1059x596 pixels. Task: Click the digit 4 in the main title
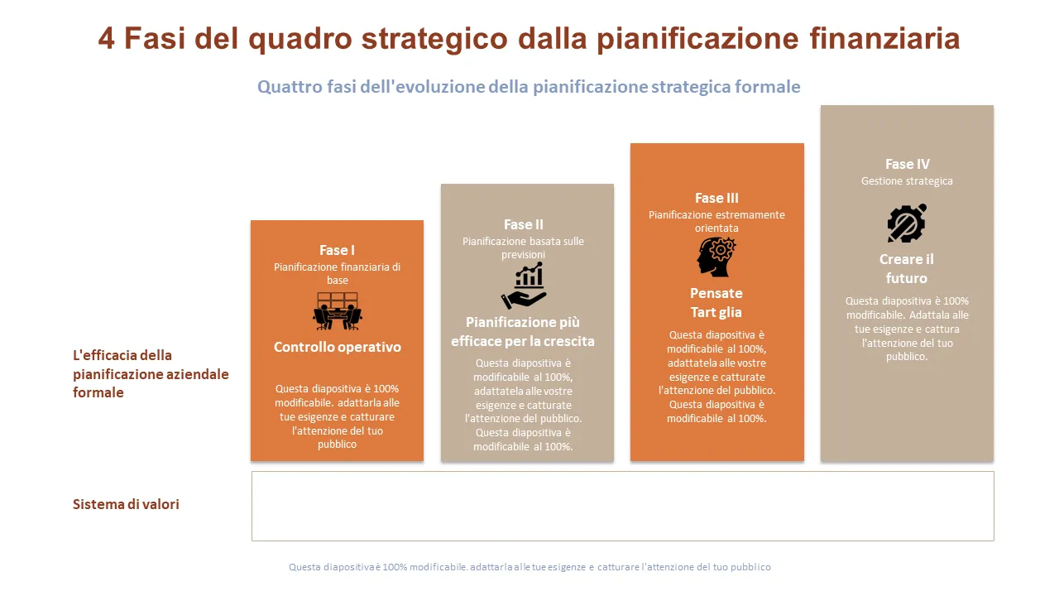pyautogui.click(x=107, y=38)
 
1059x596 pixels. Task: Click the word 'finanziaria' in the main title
pyautogui.click(x=884, y=38)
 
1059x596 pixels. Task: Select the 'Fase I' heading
pyautogui.click(x=337, y=250)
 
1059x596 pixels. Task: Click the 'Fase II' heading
pyautogui.click(x=524, y=224)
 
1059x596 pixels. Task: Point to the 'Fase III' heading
pyautogui.click(x=716, y=198)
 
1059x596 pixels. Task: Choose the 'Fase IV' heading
pyautogui.click(x=908, y=164)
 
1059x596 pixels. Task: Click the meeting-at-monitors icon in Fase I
pyautogui.click(x=337, y=310)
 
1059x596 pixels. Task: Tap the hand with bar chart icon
pyautogui.click(x=524, y=286)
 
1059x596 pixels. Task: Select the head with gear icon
pyautogui.click(x=716, y=257)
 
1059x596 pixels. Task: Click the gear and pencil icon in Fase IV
pyautogui.click(x=907, y=223)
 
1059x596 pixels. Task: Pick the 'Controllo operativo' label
pyautogui.click(x=337, y=347)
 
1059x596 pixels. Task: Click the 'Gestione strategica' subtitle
pyautogui.click(x=907, y=181)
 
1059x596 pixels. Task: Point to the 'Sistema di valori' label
pyautogui.click(x=126, y=504)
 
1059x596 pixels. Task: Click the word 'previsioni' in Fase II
pyautogui.click(x=523, y=255)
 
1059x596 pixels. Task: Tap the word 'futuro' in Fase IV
pyautogui.click(x=906, y=278)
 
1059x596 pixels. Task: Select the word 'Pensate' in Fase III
pyautogui.click(x=716, y=293)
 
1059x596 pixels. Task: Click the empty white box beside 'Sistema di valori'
pyautogui.click(x=623, y=506)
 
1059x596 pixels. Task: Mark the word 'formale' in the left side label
pyautogui.click(x=98, y=392)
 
